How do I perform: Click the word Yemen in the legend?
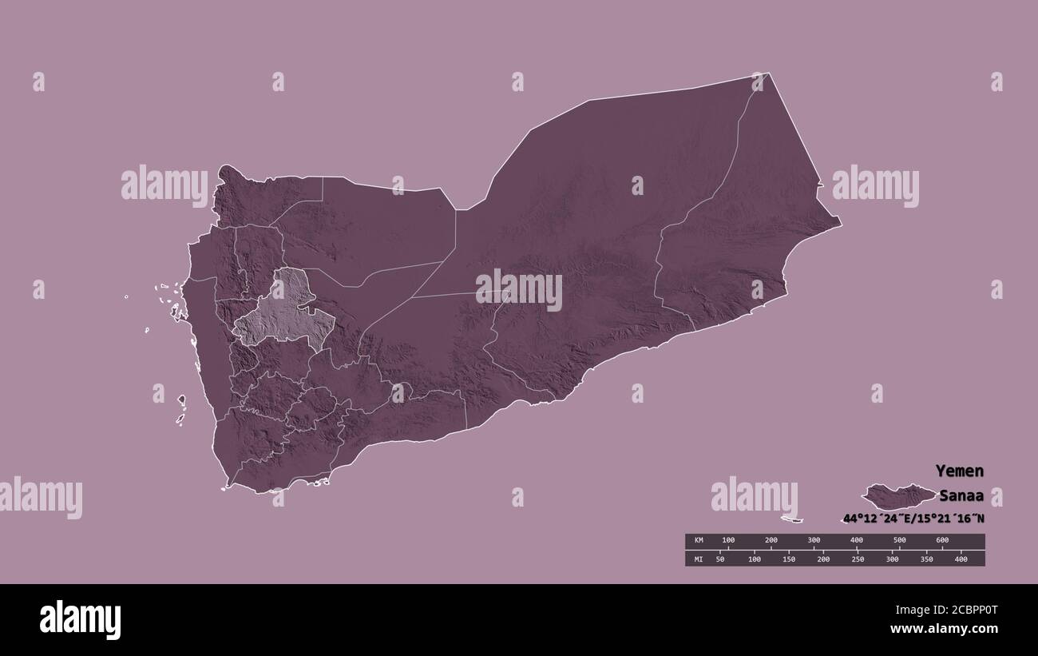[x=959, y=471]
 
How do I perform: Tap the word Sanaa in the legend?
[x=961, y=495]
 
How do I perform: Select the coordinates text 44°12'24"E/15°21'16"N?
[x=912, y=519]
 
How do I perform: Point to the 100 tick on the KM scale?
[x=728, y=541]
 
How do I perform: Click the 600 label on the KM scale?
[x=941, y=541]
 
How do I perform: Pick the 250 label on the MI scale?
[x=857, y=559]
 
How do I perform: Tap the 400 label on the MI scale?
[x=961, y=559]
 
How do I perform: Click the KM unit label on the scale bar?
[x=698, y=541]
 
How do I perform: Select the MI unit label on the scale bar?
[x=698, y=559]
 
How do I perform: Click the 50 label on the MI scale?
[x=719, y=559]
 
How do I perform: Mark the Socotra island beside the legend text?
[x=898, y=496]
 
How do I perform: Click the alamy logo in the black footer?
[x=81, y=619]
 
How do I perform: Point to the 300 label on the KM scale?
[x=814, y=541]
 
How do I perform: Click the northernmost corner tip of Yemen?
[x=768, y=74]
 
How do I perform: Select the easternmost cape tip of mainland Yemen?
[x=840, y=225]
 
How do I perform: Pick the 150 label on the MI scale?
[x=788, y=559]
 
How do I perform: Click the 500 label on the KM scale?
[x=899, y=541]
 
